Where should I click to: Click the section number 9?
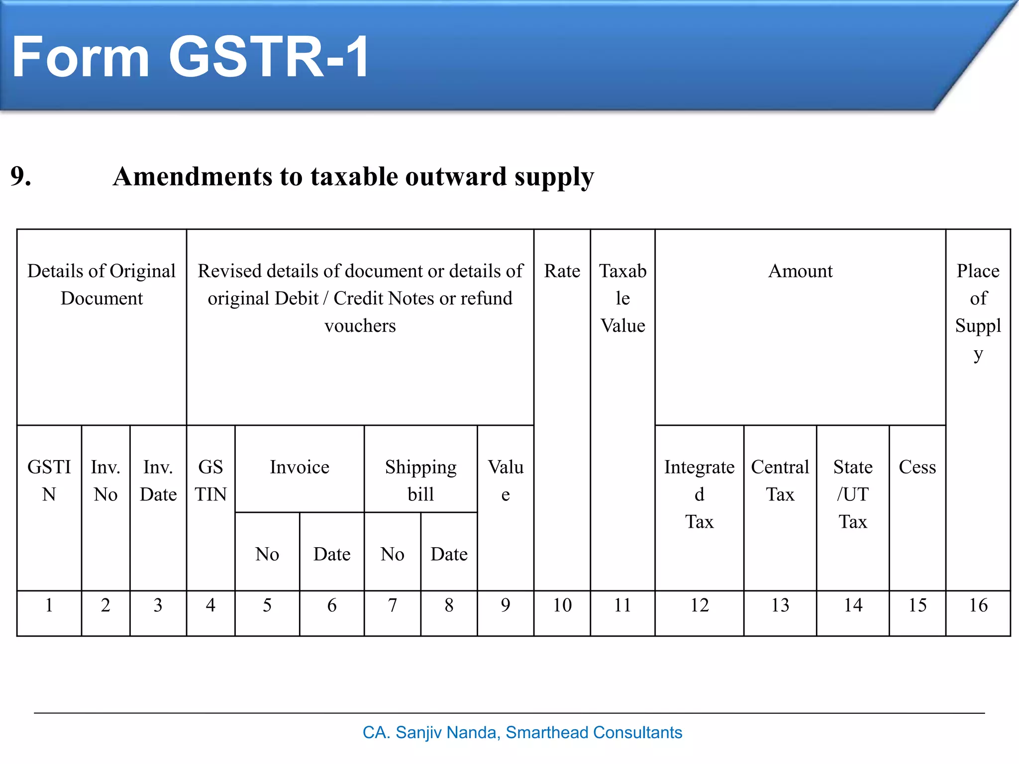tap(21, 177)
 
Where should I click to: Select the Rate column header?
tap(562, 271)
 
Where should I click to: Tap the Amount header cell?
tap(800, 271)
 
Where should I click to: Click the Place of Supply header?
tap(978, 311)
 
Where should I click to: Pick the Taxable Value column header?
tap(622, 298)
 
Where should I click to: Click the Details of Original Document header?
tap(102, 285)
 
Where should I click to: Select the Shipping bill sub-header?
tap(420, 480)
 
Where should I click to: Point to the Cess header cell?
tap(917, 467)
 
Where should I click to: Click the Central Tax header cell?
tap(780, 480)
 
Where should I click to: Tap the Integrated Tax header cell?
tap(699, 494)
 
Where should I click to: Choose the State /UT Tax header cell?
tap(852, 494)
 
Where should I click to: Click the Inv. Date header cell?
tap(158, 480)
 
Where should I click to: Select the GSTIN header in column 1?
tap(49, 480)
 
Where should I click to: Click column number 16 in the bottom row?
tap(978, 605)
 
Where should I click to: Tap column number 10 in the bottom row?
tap(562, 605)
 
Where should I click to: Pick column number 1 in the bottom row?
tap(49, 605)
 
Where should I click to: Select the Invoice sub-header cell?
tap(299, 467)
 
